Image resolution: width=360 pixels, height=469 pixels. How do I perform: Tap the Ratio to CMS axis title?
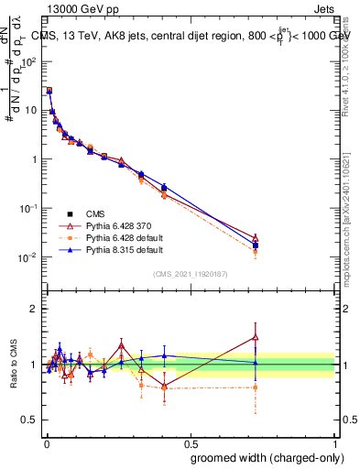pos(14,365)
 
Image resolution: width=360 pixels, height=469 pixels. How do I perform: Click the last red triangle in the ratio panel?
pos(256,337)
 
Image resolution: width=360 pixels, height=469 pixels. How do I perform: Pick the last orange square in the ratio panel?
pos(256,387)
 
